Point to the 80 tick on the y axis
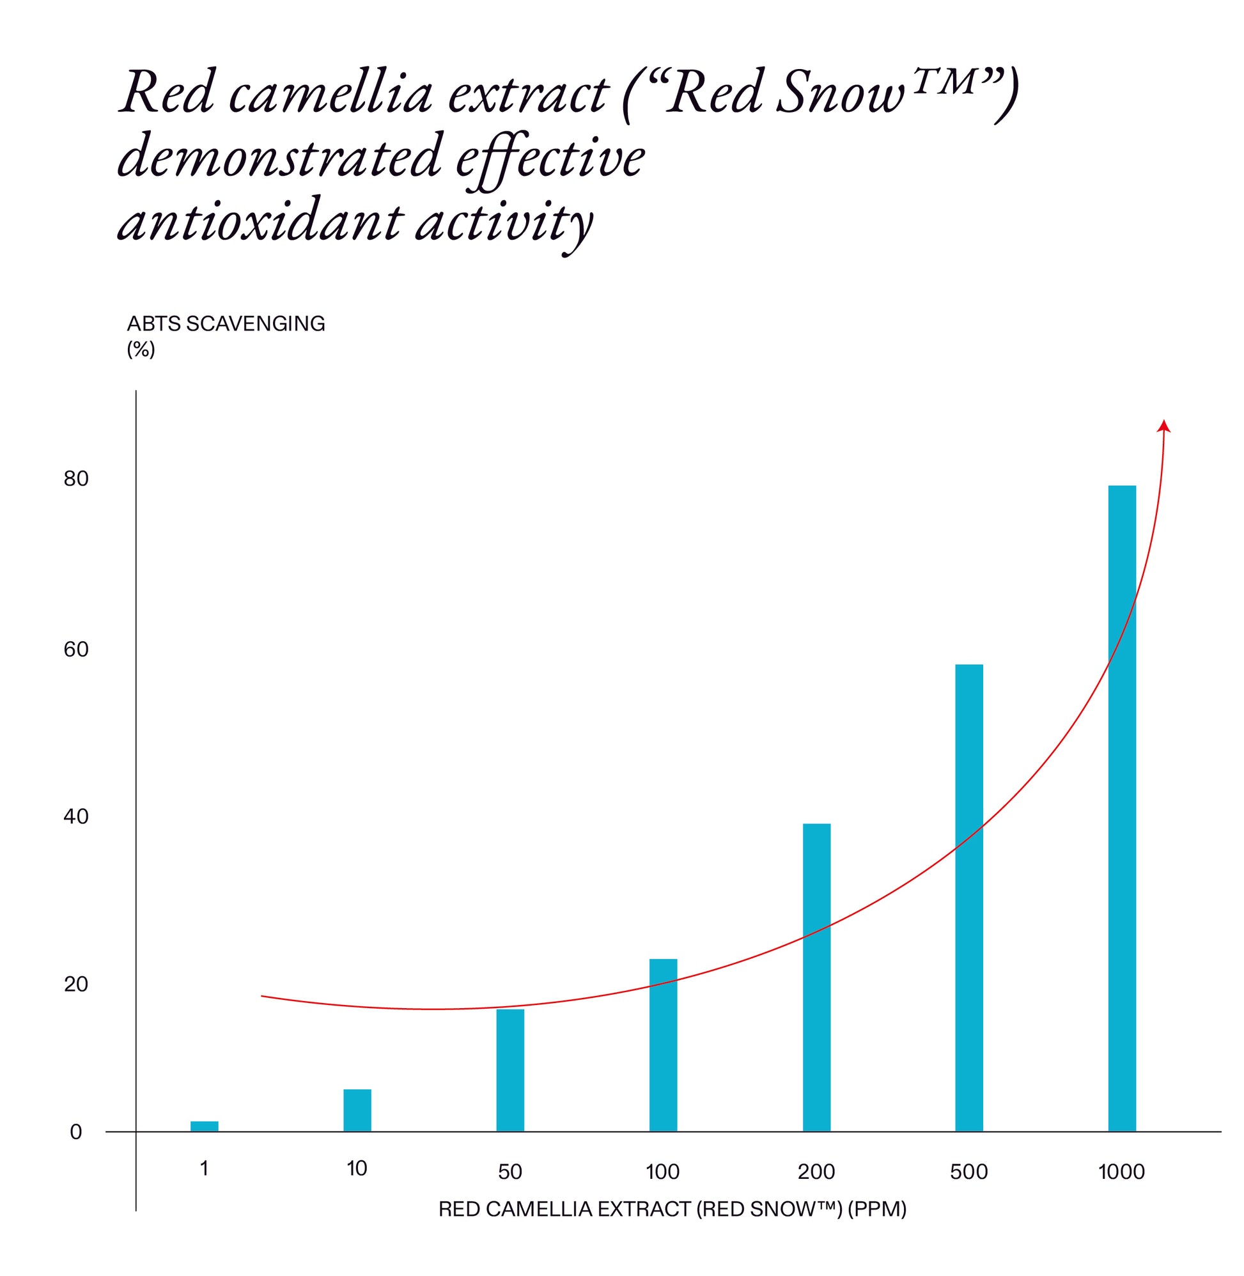point(76,479)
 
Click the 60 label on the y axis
point(76,650)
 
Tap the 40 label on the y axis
point(76,817)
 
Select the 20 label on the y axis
point(76,984)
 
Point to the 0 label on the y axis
point(76,1132)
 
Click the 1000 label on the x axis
point(1121,1171)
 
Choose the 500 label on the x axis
point(969,1171)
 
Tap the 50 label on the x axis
point(510,1171)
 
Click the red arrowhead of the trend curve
point(1163,426)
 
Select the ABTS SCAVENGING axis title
point(226,324)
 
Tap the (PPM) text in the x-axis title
point(877,1209)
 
